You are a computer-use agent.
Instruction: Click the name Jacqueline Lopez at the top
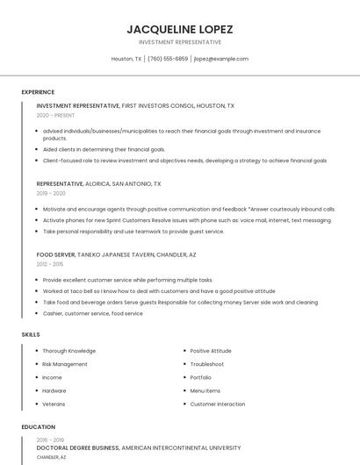point(179,28)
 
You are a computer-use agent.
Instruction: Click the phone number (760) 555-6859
point(168,59)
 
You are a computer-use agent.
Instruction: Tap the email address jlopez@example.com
point(221,59)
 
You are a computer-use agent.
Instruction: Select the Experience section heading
point(38,92)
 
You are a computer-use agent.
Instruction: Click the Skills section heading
point(31,334)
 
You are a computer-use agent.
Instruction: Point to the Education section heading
point(38,427)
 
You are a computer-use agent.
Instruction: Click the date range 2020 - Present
point(55,115)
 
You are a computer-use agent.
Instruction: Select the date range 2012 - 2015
point(50,263)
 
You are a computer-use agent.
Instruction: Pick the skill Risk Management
point(65,364)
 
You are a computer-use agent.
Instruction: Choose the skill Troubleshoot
point(207,364)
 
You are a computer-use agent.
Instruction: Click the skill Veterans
point(54,404)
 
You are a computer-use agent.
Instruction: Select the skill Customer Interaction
point(218,404)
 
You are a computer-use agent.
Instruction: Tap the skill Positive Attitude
point(211,351)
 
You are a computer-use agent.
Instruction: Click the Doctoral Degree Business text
point(77,447)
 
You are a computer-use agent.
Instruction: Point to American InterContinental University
point(181,447)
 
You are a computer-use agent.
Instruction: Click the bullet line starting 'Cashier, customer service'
point(92,313)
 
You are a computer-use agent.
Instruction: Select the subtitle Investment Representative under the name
point(179,41)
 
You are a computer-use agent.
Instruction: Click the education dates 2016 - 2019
point(50,439)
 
